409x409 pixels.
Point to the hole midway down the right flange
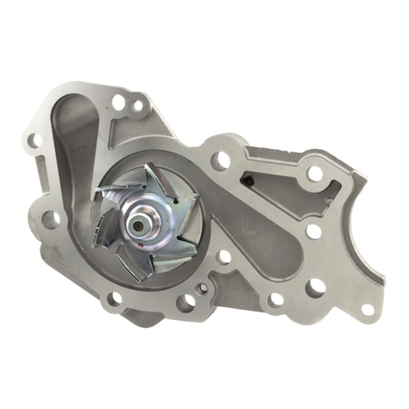click(x=314, y=231)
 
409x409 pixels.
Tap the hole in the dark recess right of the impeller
click(x=224, y=257)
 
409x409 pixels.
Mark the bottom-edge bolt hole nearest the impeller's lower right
click(x=188, y=301)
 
